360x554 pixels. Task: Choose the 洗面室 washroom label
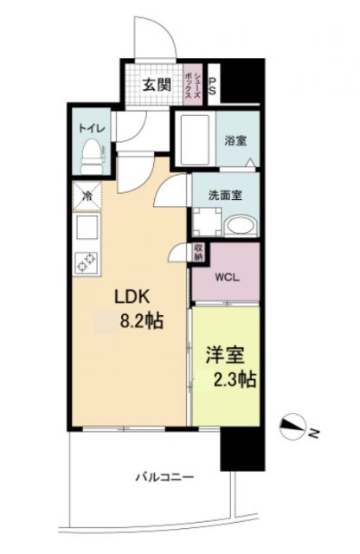[225, 195]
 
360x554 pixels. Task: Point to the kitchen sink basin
[87, 228]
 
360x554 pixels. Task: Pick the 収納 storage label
[198, 252]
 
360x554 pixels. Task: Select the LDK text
[135, 296]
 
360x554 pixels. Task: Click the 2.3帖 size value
[234, 379]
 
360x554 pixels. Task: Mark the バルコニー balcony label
[164, 477]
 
